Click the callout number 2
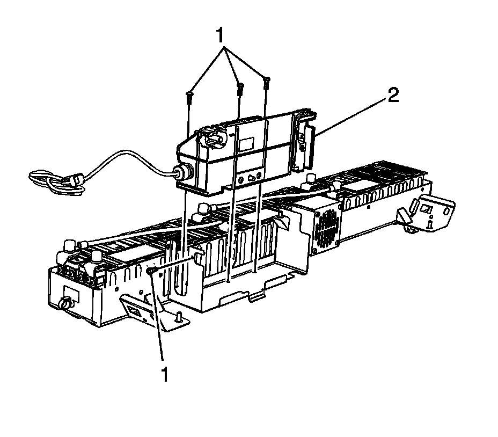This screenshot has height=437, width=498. [393, 95]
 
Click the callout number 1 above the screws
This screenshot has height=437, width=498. [221, 35]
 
